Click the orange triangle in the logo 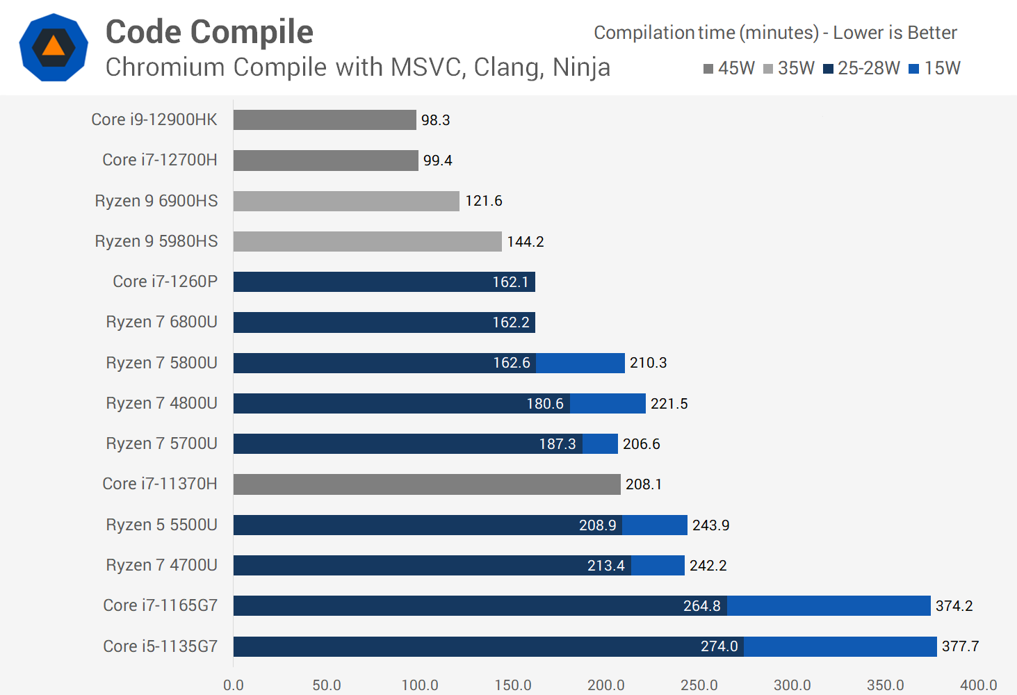tap(54, 47)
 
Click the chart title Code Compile tap(209, 32)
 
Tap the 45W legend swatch tap(708, 69)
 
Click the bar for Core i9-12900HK tap(325, 120)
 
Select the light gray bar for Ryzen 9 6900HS tap(346, 201)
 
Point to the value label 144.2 tap(526, 242)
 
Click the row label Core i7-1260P tap(165, 281)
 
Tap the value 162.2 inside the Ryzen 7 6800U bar tap(511, 322)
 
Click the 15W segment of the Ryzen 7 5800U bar tap(580, 363)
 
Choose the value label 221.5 tap(669, 404)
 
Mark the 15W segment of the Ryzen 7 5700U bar tap(600, 444)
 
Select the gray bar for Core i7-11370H tap(427, 484)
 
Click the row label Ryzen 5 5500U tap(161, 525)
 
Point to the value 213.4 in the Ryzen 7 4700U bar tap(605, 566)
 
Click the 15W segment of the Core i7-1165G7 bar tap(829, 606)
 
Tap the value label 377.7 tap(960, 646)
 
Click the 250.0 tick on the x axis tap(699, 685)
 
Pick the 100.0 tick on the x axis tap(420, 685)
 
